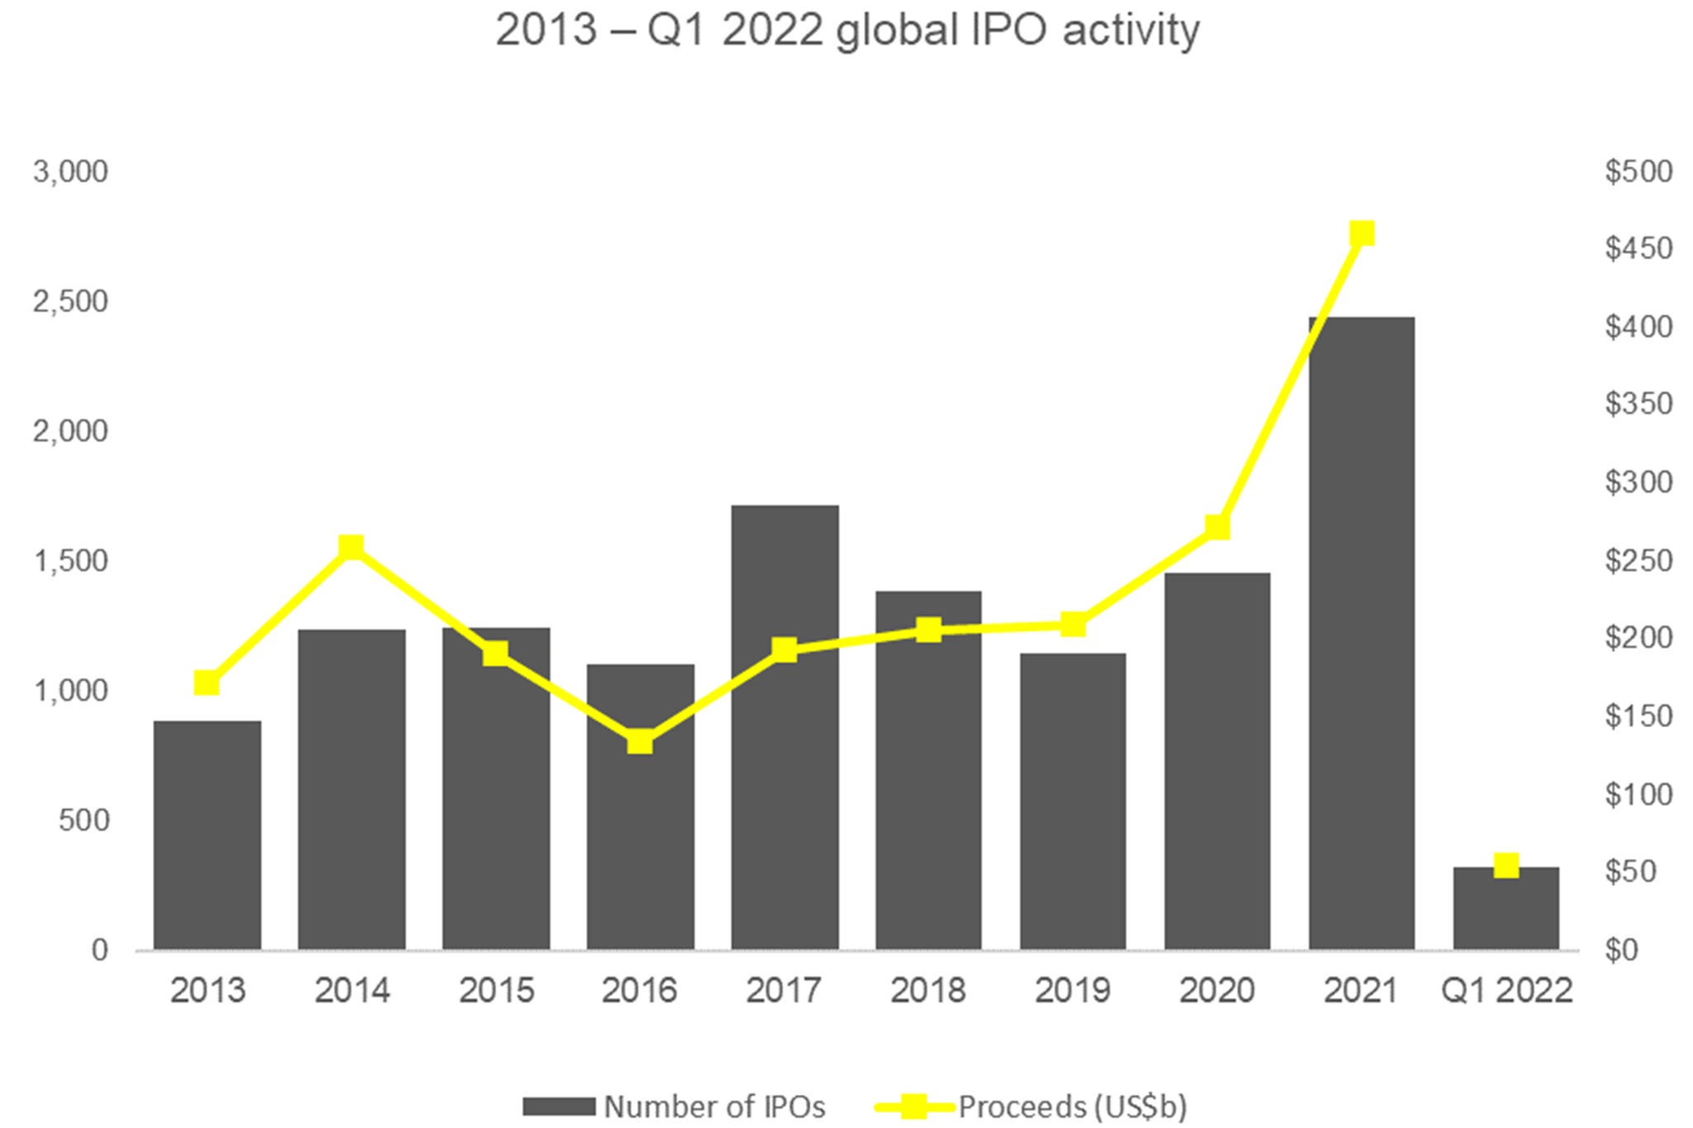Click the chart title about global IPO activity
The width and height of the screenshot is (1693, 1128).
tap(846, 31)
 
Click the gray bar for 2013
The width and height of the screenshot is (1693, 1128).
tap(207, 835)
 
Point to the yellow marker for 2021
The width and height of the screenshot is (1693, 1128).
tap(1362, 234)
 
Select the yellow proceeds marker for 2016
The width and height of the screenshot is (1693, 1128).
tap(640, 741)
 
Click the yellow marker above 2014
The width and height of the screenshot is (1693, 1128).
tap(351, 546)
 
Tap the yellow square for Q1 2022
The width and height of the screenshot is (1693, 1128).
tap(1506, 865)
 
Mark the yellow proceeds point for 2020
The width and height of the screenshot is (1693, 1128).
tap(1217, 526)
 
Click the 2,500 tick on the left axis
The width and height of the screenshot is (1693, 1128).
tap(70, 302)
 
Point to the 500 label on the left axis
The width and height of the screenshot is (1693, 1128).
tap(83, 821)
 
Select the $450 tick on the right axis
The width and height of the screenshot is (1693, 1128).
tap(1638, 249)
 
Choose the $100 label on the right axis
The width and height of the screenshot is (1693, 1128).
tap(1638, 794)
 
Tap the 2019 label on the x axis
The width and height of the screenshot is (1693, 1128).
tap(1072, 990)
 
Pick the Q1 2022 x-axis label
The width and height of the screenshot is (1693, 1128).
tap(1506, 990)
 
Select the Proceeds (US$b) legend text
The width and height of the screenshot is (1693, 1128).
tap(1072, 1106)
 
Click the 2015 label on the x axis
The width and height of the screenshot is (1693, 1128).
tap(496, 990)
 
